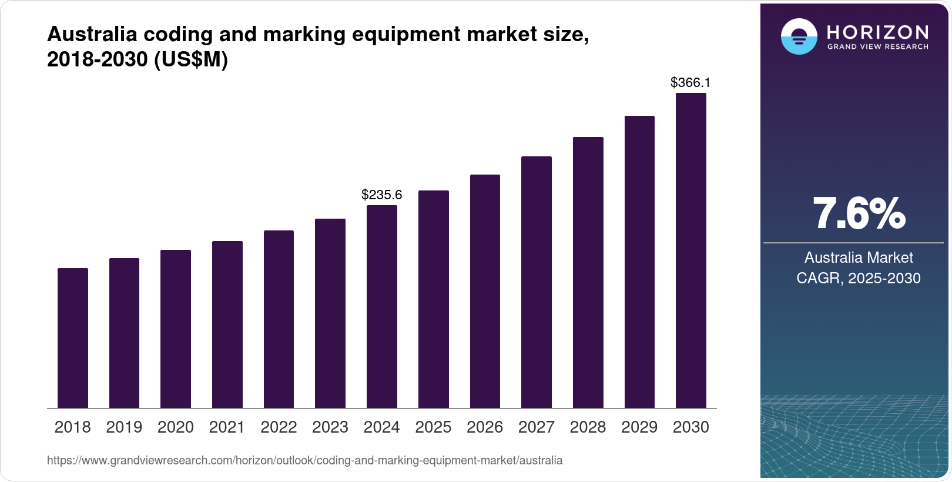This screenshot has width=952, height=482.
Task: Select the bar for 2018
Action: [x=73, y=338]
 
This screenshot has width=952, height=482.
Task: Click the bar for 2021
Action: [x=227, y=324]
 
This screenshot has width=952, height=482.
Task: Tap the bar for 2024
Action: [x=382, y=306]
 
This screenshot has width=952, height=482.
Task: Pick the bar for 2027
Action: [x=537, y=282]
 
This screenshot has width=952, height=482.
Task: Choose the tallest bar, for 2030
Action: [x=691, y=250]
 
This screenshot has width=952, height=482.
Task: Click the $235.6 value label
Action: [x=382, y=195]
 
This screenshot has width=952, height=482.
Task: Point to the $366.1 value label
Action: [x=690, y=83]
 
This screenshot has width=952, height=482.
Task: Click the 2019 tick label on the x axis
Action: [x=124, y=427]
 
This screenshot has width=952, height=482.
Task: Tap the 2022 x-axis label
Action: [x=279, y=427]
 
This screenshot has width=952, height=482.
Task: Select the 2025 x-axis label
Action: [x=433, y=427]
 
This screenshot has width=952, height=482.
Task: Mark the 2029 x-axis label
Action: [x=639, y=427]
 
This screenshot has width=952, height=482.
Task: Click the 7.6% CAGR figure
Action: [x=859, y=214]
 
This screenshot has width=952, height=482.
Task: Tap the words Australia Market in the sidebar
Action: [x=859, y=257]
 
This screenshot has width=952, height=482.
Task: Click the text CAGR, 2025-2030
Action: [x=859, y=278]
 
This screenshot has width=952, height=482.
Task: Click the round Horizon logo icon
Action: [x=799, y=36]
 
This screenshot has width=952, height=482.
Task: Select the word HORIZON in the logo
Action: [x=878, y=32]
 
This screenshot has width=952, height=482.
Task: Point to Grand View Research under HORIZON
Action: [x=878, y=46]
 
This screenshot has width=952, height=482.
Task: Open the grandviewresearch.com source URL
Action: [x=304, y=461]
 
